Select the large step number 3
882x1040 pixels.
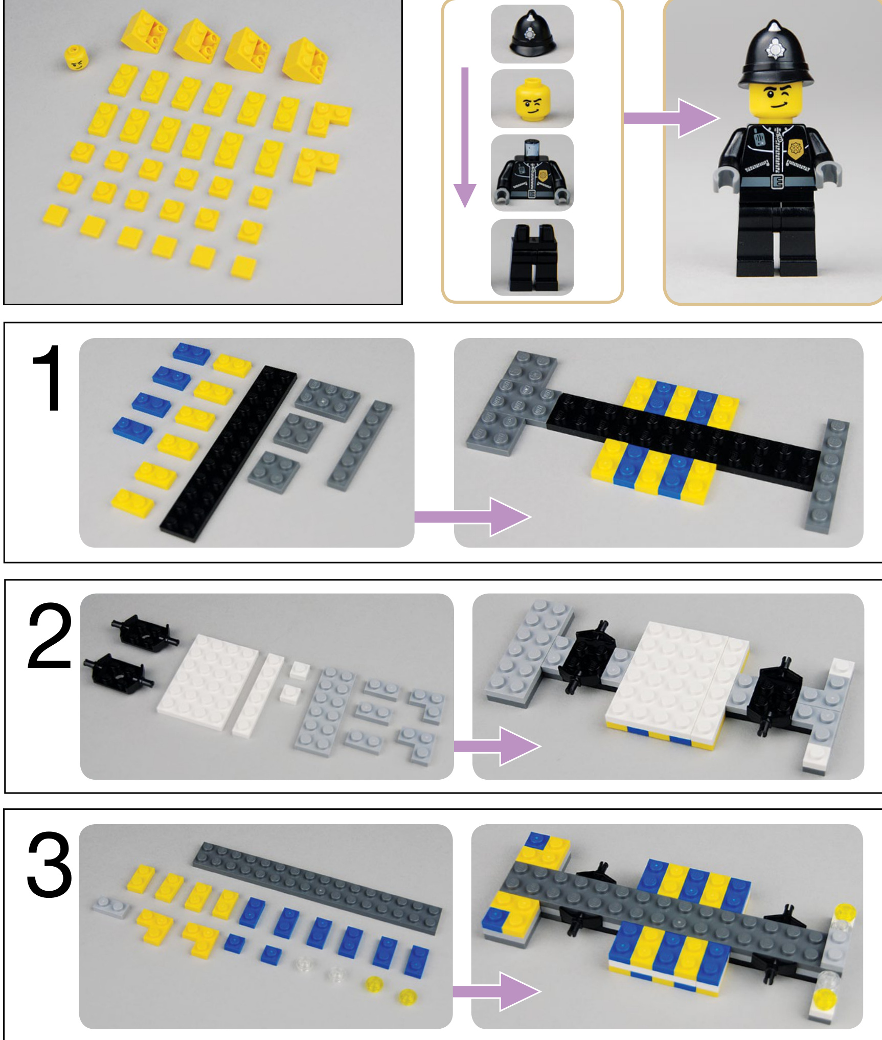(49, 865)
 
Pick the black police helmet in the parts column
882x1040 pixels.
(532, 33)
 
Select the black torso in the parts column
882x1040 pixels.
(532, 172)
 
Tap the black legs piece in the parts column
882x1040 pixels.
(533, 257)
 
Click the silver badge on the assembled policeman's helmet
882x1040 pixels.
(774, 49)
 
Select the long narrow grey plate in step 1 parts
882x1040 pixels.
(359, 445)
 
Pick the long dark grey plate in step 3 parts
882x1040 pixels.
(317, 888)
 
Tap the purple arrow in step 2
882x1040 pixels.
(497, 746)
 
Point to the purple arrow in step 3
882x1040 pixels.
(497, 991)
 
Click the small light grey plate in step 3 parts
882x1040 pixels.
(111, 907)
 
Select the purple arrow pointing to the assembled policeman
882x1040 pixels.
(671, 118)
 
